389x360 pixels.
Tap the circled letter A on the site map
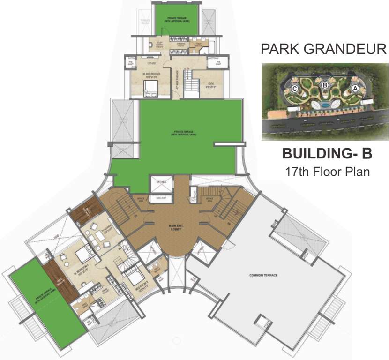[x=355, y=88]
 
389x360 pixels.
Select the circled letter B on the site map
[x=324, y=85]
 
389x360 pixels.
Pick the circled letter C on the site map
[x=295, y=88]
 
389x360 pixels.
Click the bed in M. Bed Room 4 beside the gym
[x=151, y=87]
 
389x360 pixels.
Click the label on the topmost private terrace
[x=176, y=21]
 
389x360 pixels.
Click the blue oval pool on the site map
[x=324, y=105]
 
